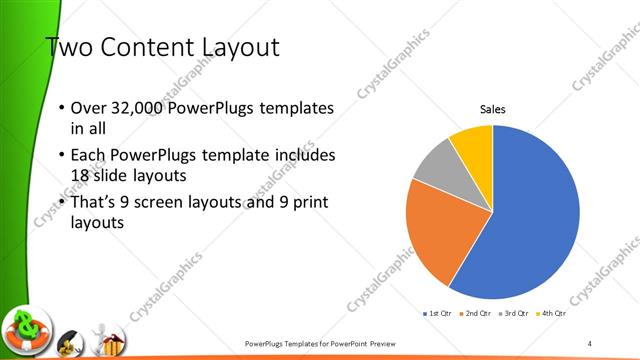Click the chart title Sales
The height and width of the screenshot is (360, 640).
coord(493,109)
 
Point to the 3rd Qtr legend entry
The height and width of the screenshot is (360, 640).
coord(513,314)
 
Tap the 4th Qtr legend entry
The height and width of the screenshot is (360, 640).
coord(551,314)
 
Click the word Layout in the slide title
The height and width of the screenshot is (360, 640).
coord(237,47)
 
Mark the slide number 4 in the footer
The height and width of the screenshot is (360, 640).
coord(590,344)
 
